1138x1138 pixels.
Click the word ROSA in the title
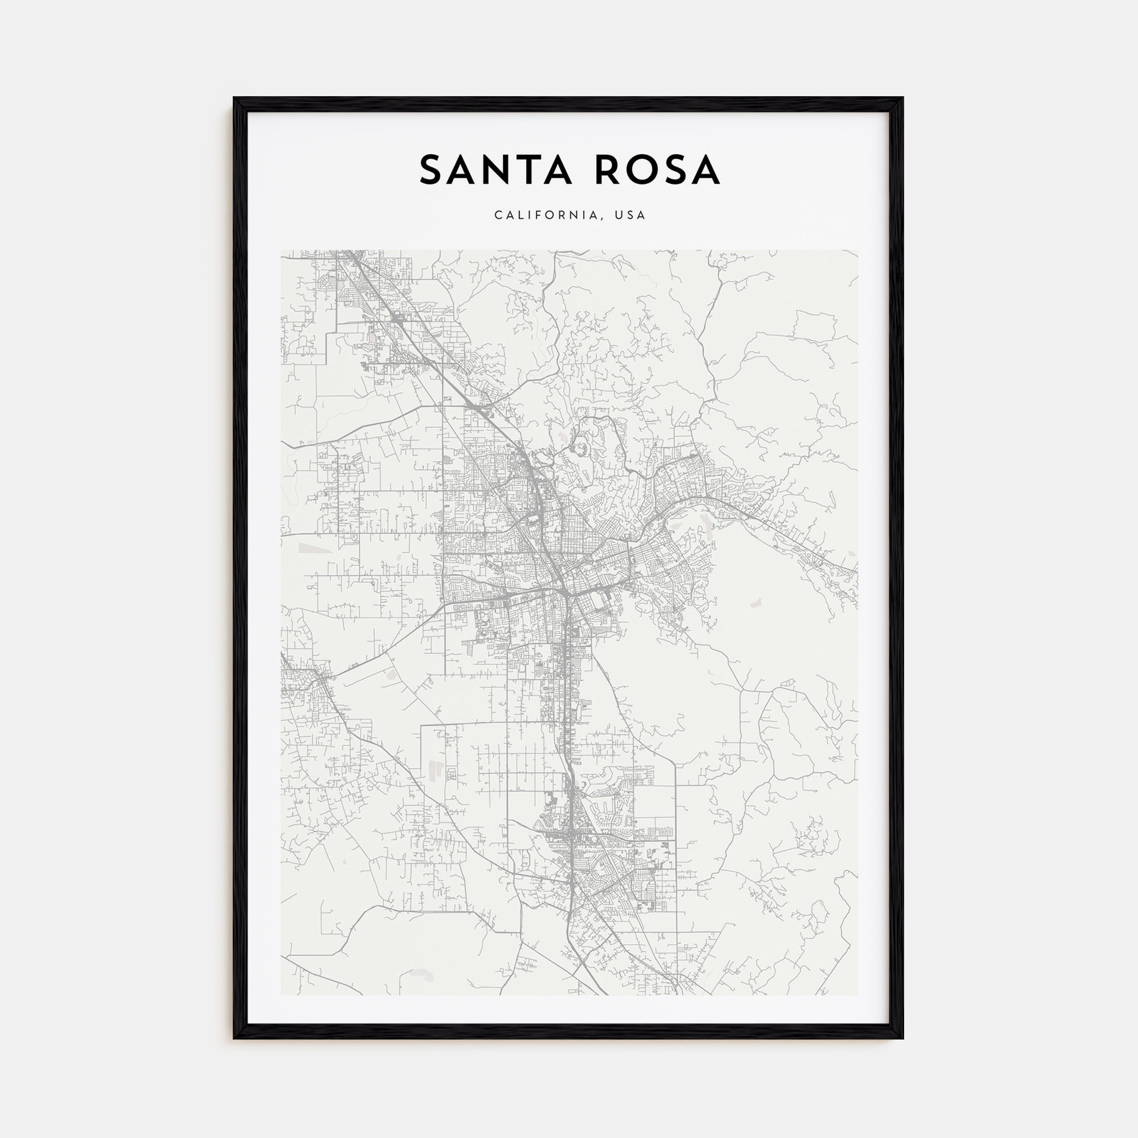657,170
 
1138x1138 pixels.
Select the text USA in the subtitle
630,216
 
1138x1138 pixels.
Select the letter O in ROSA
640,170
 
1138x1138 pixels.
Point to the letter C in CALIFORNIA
498,216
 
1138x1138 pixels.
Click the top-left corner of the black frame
234,98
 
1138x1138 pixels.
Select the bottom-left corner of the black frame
234,1037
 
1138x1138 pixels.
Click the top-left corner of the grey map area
281,250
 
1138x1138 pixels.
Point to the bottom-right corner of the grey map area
857,995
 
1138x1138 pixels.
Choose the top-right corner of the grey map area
857,250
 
